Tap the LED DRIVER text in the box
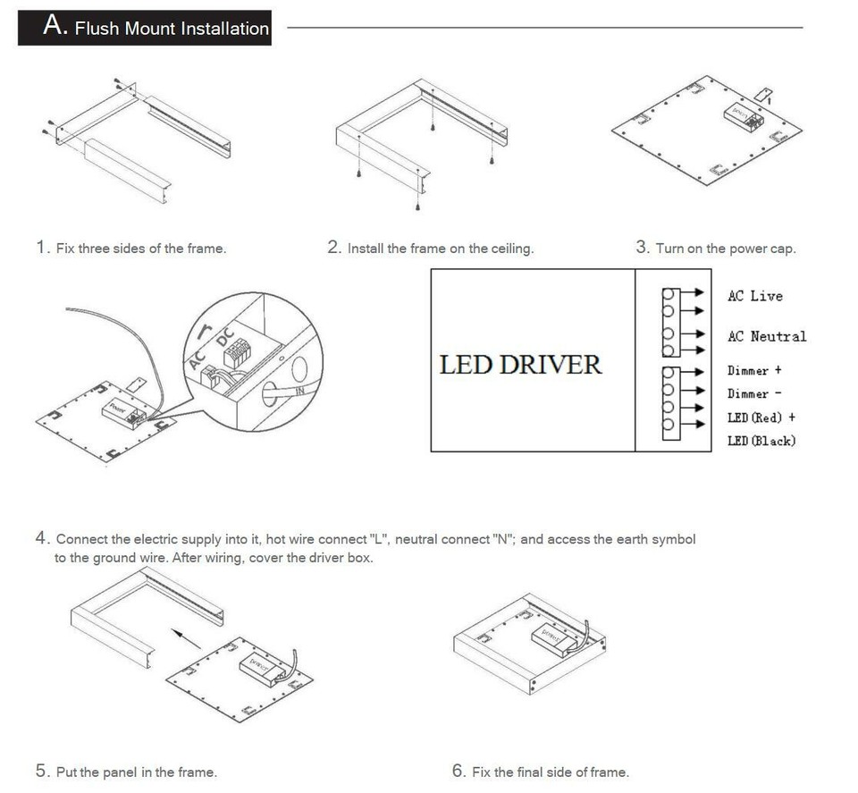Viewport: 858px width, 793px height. (x=520, y=365)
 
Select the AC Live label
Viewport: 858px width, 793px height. (x=754, y=296)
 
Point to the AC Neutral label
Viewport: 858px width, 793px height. (x=766, y=336)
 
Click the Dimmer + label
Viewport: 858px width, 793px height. (x=754, y=370)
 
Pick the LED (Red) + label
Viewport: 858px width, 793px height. (x=761, y=418)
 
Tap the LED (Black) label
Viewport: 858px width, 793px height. (x=761, y=441)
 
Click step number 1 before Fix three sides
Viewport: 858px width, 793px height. (x=41, y=248)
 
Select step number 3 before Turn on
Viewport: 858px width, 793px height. (x=642, y=248)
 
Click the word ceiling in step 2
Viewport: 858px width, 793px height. (x=511, y=249)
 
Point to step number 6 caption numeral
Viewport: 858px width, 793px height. (x=459, y=771)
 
